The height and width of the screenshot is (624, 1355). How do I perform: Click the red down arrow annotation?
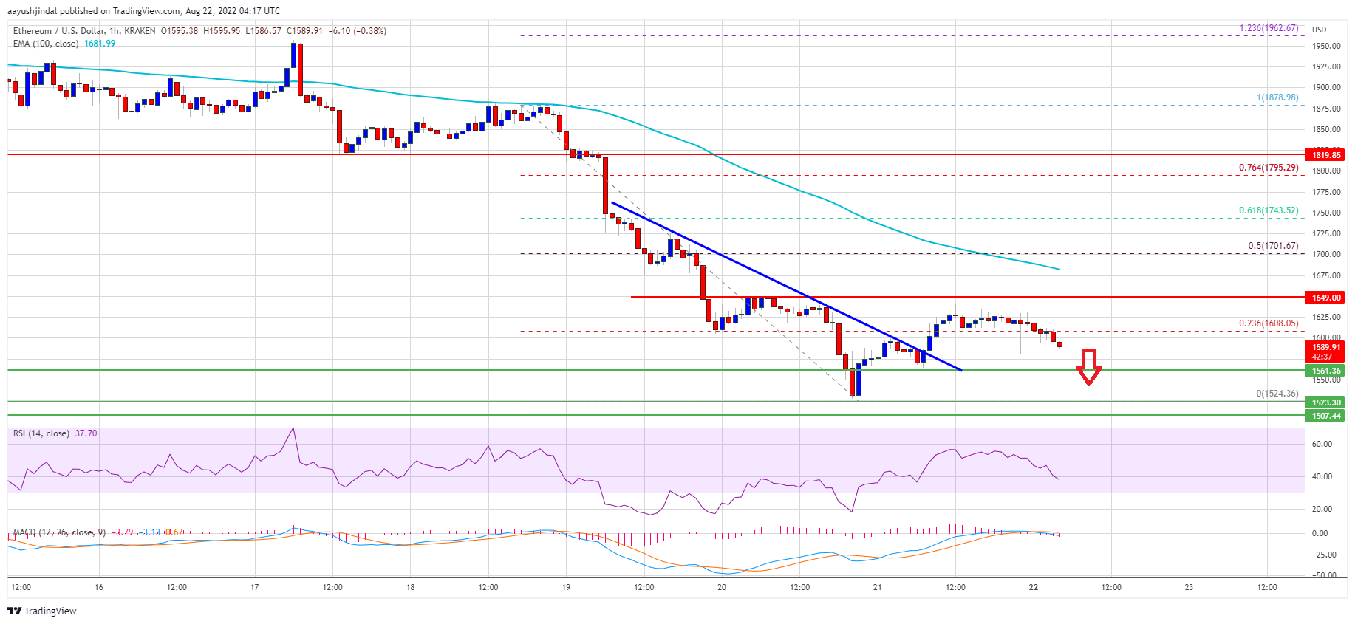coord(1088,367)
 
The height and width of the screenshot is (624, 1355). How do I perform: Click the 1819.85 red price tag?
coord(1326,155)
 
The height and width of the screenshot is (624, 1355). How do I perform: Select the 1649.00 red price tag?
coord(1326,298)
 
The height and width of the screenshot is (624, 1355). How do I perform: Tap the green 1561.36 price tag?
coord(1326,371)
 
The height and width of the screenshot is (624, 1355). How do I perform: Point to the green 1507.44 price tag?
coord(1326,416)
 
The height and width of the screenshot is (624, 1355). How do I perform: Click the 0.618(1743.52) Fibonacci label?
coord(1268,210)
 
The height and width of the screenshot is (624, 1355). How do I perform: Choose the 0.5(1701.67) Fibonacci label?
coord(1272,246)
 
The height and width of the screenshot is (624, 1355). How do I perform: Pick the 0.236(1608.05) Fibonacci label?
coord(1268,323)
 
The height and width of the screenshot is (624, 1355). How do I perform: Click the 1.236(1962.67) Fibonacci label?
coord(1268,28)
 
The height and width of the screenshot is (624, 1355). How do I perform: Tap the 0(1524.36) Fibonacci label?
coord(1277,394)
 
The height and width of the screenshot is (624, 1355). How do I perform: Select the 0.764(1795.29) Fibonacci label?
coord(1268,168)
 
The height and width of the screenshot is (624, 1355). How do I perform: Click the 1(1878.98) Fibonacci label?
coord(1277,97)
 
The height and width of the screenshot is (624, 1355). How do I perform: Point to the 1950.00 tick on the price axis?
coord(1325,46)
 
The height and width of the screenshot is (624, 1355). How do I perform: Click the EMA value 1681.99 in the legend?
coord(100,44)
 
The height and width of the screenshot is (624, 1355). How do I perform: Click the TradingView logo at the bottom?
coord(42,611)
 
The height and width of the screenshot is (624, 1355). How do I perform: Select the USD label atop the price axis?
coord(1319,30)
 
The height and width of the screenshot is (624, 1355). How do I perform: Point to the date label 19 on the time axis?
coord(566,588)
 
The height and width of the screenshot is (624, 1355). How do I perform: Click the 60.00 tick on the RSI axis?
coord(1322,444)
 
